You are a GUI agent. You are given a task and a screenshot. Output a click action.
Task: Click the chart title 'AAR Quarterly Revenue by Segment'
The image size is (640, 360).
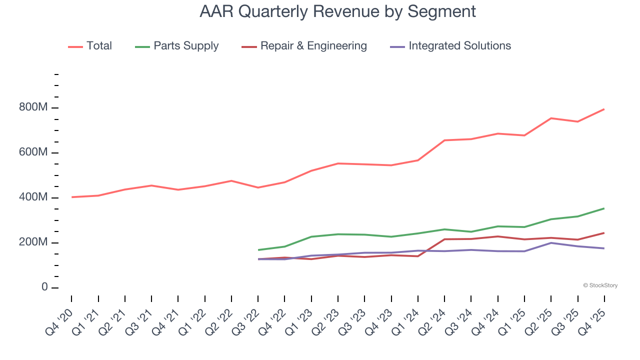337,11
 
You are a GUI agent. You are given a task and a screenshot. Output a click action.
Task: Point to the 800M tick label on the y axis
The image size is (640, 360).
33,108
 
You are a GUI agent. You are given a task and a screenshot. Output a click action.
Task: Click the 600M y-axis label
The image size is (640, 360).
33,152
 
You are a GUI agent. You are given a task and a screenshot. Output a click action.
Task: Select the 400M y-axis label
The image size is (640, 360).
33,197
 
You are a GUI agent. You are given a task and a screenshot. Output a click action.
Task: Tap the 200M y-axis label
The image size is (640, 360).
33,242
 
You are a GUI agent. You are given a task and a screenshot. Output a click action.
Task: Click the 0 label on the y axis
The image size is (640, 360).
44,287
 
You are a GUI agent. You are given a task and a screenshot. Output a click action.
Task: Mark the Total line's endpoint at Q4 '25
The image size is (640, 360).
604,109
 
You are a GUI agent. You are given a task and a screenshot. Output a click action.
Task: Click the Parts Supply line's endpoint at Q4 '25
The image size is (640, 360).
604,208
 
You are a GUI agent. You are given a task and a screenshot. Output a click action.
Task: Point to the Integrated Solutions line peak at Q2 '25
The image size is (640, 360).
551,243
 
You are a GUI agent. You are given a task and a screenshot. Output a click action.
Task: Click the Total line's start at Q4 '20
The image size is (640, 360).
71,197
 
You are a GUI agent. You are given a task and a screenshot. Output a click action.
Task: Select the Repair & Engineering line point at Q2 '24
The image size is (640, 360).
444,239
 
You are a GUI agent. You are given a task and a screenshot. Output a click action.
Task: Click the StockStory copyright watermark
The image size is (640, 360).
600,285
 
